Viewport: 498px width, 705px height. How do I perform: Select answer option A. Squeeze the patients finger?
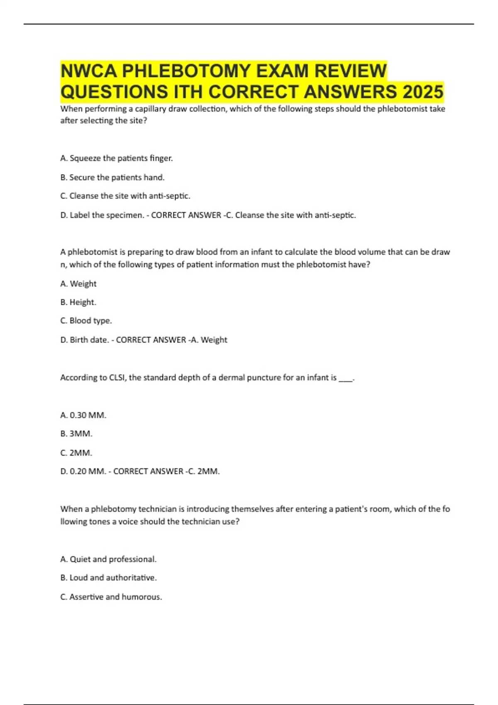[x=117, y=158]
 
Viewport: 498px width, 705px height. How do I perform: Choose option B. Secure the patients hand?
[x=112, y=177]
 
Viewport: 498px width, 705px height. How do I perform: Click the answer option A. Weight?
[x=78, y=284]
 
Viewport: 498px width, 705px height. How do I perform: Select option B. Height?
[x=78, y=302]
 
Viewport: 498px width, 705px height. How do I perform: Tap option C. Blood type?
[x=86, y=321]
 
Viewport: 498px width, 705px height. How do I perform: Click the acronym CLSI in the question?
[x=117, y=378]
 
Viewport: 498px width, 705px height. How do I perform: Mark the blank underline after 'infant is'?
[x=346, y=379]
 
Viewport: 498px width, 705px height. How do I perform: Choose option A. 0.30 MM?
[x=83, y=415]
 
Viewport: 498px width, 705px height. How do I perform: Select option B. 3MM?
[x=76, y=434]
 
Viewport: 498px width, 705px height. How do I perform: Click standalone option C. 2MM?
[x=76, y=453]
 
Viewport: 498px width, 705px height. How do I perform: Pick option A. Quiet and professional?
[x=109, y=559]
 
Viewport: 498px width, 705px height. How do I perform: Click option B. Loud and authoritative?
[x=109, y=578]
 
